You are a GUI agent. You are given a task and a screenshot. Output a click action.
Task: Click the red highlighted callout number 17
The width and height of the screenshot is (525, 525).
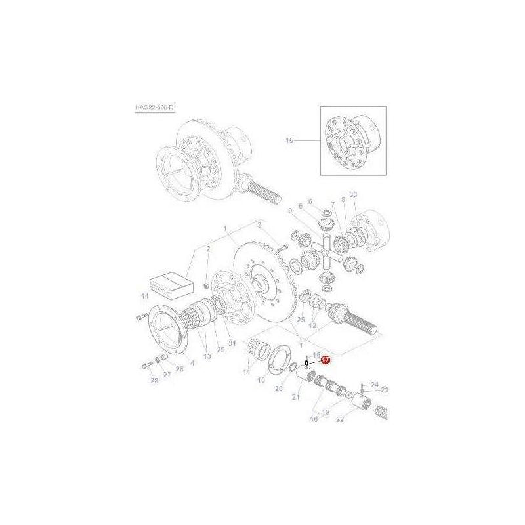pyautogui.click(x=326, y=360)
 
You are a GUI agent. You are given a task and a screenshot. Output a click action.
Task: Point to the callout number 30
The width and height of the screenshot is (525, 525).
pyautogui.click(x=352, y=195)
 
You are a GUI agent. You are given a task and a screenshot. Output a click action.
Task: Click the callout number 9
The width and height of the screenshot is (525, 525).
pyautogui.click(x=289, y=211)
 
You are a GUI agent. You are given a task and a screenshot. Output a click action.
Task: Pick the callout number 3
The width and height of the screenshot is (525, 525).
pyautogui.click(x=259, y=226)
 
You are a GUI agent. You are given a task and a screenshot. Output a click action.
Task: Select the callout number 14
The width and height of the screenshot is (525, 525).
pyautogui.click(x=144, y=297)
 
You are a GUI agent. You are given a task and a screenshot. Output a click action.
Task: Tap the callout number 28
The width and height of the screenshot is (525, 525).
pyautogui.click(x=154, y=381)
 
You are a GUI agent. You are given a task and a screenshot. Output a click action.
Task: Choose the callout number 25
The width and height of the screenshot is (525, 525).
pyautogui.click(x=301, y=320)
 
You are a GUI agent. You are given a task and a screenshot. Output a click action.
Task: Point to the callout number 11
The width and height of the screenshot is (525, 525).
pyautogui.click(x=247, y=372)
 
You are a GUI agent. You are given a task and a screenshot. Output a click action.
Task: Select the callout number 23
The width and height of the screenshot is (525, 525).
pyautogui.click(x=385, y=390)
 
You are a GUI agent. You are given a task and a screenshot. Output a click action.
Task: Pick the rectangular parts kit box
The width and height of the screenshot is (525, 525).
pyautogui.click(x=170, y=285)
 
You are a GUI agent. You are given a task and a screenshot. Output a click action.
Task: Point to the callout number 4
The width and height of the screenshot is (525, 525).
pyautogui.click(x=192, y=362)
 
